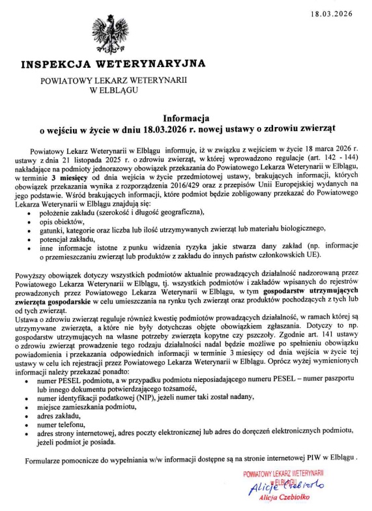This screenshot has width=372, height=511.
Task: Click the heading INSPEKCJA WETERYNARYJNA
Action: pos(113,65)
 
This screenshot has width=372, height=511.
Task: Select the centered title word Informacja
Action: pos(186,119)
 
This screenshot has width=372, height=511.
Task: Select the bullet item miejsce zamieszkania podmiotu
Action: pos(88,405)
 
